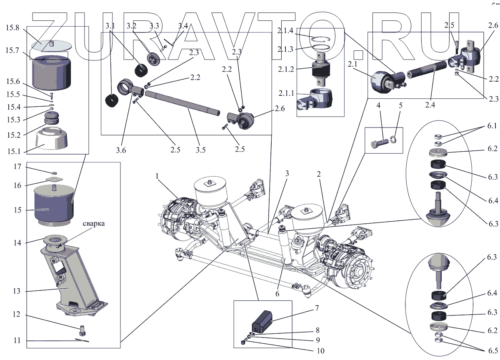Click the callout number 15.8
[12, 28]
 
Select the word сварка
[94, 224]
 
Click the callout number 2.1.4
[287, 30]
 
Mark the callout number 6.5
[492, 349]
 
